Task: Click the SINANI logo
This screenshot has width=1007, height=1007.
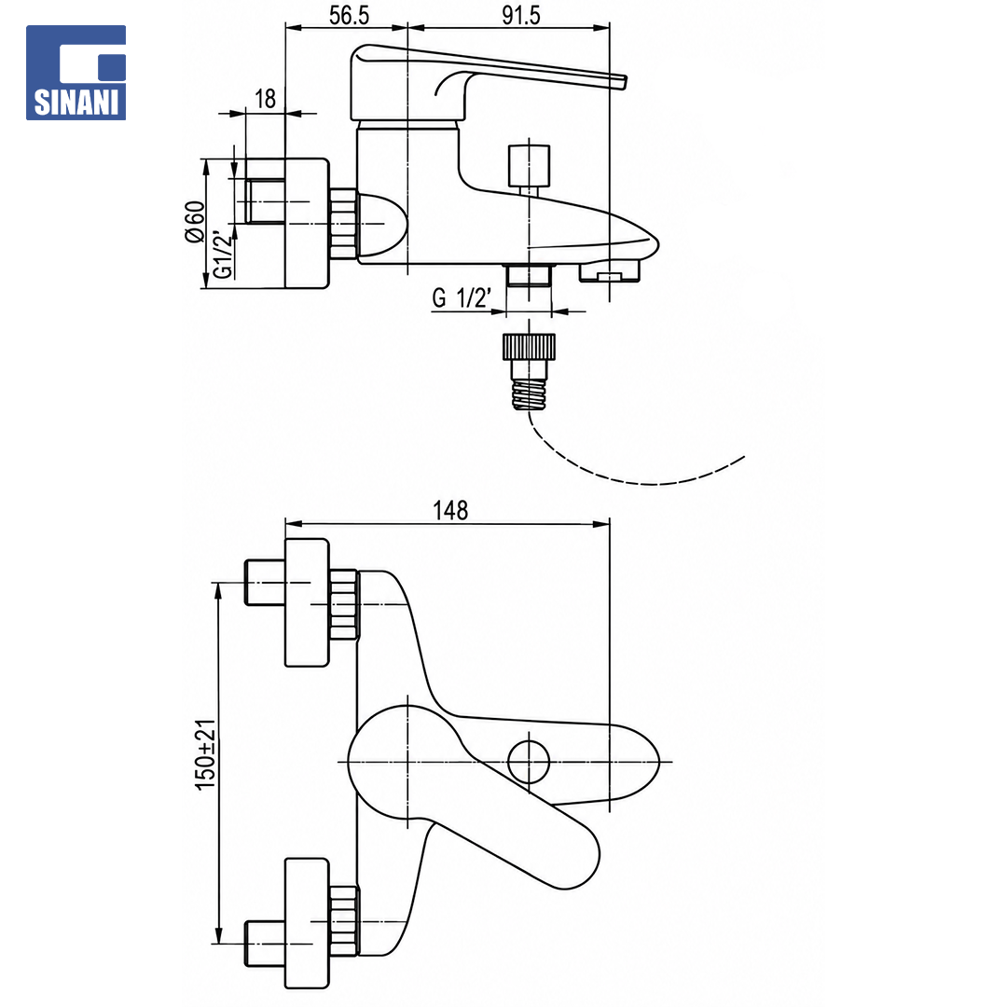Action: (76, 73)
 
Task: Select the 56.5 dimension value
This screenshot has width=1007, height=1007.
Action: (349, 16)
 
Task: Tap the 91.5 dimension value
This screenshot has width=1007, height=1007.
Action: (521, 16)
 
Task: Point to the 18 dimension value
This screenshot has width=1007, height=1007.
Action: (265, 99)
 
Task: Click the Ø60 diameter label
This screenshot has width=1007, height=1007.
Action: (195, 222)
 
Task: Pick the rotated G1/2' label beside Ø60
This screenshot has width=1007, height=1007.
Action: (222, 255)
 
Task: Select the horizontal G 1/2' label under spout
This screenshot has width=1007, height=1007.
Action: (462, 298)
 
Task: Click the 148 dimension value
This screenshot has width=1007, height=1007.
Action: (450, 511)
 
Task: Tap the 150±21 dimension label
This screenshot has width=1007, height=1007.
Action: (205, 754)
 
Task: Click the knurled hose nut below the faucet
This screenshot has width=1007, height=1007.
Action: (529, 347)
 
